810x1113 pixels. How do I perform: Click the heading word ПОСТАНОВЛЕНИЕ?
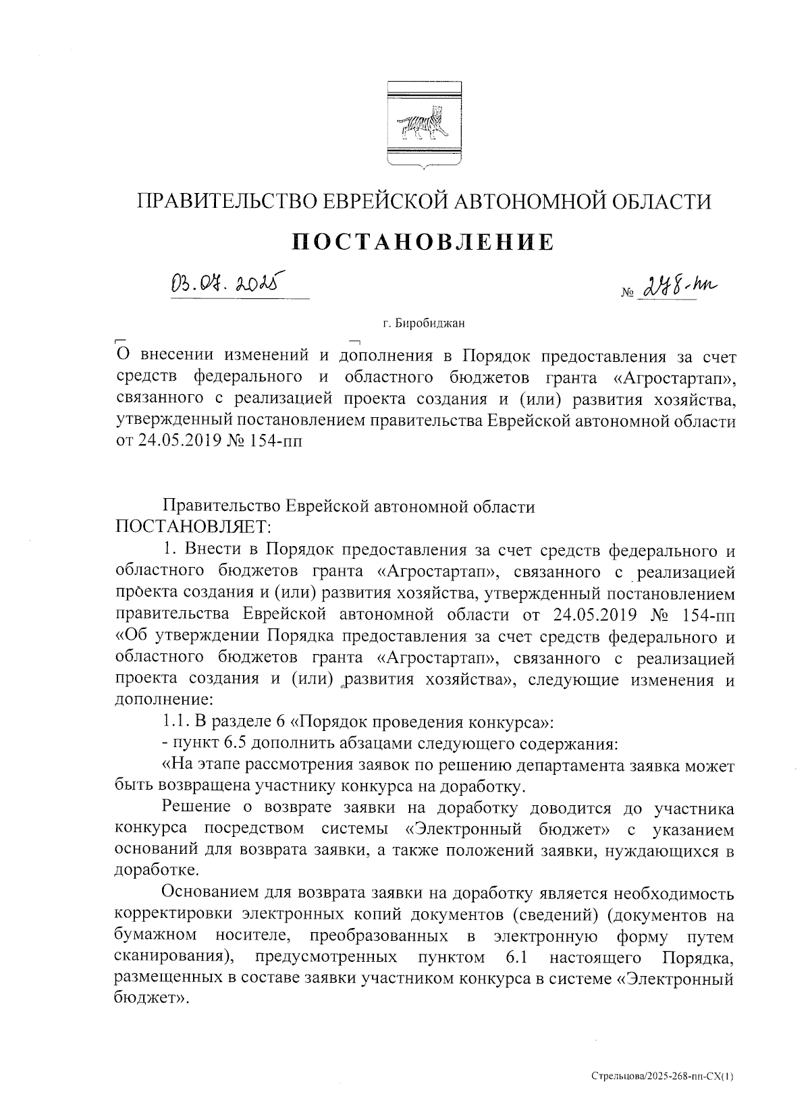point(423,241)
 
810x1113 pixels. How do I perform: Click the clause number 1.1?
point(178,722)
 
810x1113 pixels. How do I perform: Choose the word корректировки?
point(172,915)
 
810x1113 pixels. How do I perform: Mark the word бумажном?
point(157,936)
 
